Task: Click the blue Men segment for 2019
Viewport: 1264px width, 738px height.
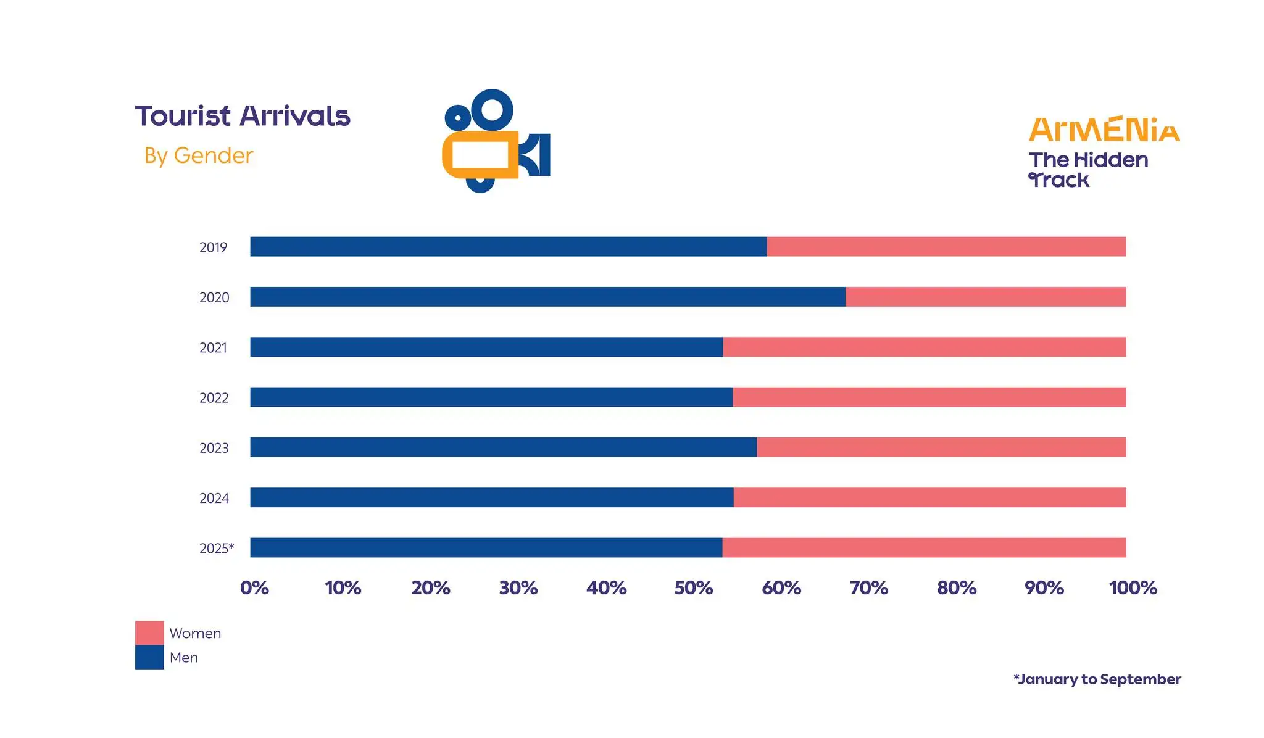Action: pyautogui.click(x=508, y=247)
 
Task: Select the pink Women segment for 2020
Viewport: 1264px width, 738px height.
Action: pyautogui.click(x=985, y=297)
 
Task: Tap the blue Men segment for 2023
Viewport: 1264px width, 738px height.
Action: pyautogui.click(x=503, y=447)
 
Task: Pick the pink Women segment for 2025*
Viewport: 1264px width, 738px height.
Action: pyautogui.click(x=924, y=548)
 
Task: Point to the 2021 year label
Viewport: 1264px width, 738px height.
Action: pyautogui.click(x=213, y=348)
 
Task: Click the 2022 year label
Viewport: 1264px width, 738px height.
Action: pyautogui.click(x=214, y=398)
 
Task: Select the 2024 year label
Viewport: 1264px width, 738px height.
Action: pyautogui.click(x=214, y=499)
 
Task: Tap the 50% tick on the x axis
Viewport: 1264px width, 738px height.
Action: pyautogui.click(x=694, y=588)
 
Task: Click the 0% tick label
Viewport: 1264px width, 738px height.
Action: pyautogui.click(x=254, y=588)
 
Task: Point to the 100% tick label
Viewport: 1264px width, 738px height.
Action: pyautogui.click(x=1133, y=588)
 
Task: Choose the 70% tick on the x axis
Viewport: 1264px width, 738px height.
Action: pyautogui.click(x=869, y=588)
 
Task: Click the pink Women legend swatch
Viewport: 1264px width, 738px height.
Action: pyautogui.click(x=149, y=633)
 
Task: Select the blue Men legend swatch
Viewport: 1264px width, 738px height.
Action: pyautogui.click(x=149, y=657)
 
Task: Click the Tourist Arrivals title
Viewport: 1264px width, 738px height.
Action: pyautogui.click(x=243, y=116)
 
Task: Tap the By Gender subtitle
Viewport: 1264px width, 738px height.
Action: pyautogui.click(x=199, y=155)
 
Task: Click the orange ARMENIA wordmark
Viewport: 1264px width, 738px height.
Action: pyautogui.click(x=1104, y=130)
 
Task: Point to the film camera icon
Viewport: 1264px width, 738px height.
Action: pyautogui.click(x=495, y=141)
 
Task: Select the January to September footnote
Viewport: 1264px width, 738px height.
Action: pyautogui.click(x=1097, y=679)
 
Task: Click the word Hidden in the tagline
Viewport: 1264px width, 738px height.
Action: pyautogui.click(x=1111, y=160)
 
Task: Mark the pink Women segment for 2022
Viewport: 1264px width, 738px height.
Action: pyautogui.click(x=929, y=397)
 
